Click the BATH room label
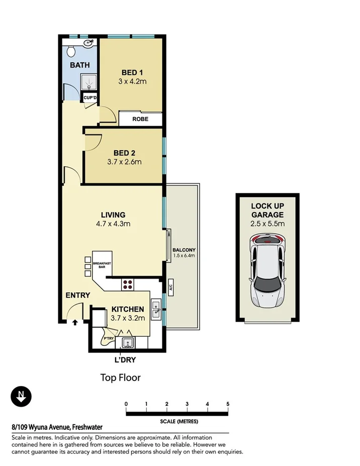point(79,65)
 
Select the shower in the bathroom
point(88,81)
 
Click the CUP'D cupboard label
point(90,98)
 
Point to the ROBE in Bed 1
point(140,120)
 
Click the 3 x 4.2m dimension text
point(133,81)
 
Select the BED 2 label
point(124,153)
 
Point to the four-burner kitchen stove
point(128,285)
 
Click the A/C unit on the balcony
point(171,288)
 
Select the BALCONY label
point(184,250)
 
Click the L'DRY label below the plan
point(126,359)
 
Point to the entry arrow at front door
point(75,323)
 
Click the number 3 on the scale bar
point(187,404)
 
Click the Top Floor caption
point(120,378)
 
